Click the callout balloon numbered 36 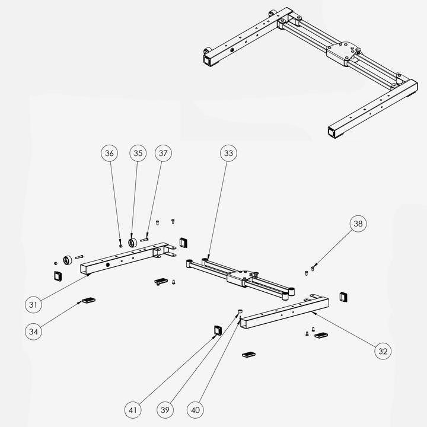pos(109,154)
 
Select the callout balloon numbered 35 pos(138,154)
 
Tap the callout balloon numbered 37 pos(163,154)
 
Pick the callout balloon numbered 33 pos(228,154)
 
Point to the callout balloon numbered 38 pos(358,224)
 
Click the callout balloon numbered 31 pos(33,304)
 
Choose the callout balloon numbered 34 pos(33,332)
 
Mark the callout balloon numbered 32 pos(383,351)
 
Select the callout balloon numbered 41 pos(133,410)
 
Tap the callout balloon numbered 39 pos(165,410)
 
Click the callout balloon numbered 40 pos(195,410)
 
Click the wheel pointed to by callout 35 pos(133,242)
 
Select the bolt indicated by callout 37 pos(144,240)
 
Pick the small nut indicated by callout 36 pos(120,246)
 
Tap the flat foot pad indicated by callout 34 pos(89,300)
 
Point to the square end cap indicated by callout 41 pos(218,330)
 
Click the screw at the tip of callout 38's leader pos(313,269)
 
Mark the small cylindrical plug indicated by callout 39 pos(240,311)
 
